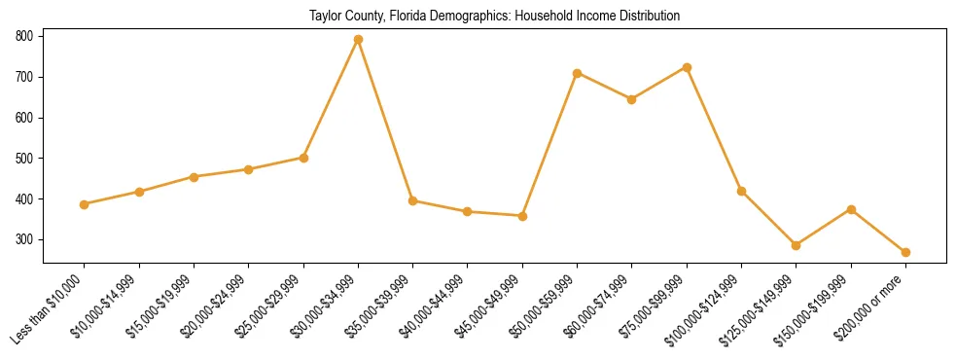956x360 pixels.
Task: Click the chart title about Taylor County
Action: coord(494,17)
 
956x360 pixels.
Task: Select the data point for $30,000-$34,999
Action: coord(358,40)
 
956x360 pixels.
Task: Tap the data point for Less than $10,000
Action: coord(85,204)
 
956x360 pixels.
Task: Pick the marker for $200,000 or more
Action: coord(905,252)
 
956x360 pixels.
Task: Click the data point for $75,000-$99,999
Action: coord(687,67)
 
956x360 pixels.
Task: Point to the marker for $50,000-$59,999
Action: coord(578,73)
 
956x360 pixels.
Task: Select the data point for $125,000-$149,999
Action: coord(796,245)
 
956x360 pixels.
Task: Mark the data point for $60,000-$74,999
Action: coord(632,99)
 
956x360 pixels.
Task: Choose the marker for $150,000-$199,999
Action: coord(851,209)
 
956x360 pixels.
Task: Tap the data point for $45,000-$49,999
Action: coord(522,216)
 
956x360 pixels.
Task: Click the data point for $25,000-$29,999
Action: coord(303,158)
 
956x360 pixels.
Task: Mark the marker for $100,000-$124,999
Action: coord(741,191)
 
